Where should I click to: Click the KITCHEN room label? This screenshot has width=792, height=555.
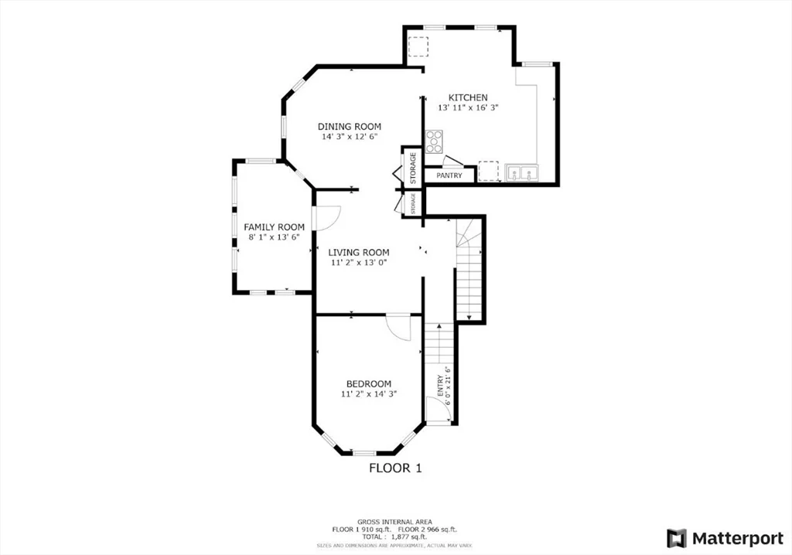click(x=468, y=97)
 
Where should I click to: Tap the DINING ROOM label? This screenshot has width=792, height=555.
click(x=350, y=126)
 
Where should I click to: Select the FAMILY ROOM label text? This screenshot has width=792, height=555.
click(x=274, y=226)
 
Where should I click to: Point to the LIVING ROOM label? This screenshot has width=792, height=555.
click(x=358, y=252)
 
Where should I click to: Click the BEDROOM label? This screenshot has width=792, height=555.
click(x=368, y=383)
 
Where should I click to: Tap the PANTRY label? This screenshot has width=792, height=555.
click(x=449, y=175)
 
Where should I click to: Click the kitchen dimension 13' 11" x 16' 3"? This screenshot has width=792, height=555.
click(x=468, y=108)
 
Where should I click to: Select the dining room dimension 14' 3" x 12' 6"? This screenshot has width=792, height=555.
click(x=350, y=137)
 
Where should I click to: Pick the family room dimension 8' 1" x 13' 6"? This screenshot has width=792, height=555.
click(x=274, y=237)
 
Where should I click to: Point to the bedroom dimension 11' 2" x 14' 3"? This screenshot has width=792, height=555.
click(x=368, y=394)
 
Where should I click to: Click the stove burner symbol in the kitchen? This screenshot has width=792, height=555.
click(x=435, y=141)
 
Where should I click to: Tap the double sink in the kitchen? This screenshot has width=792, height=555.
click(x=522, y=172)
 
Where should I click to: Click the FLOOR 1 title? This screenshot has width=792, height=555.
click(x=395, y=468)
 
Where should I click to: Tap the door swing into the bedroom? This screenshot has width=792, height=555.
click(x=401, y=327)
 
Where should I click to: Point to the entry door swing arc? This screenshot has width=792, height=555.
click(x=438, y=410)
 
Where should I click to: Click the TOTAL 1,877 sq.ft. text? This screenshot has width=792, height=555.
click(x=395, y=536)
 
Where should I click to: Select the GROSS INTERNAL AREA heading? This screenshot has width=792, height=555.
click(x=395, y=521)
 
